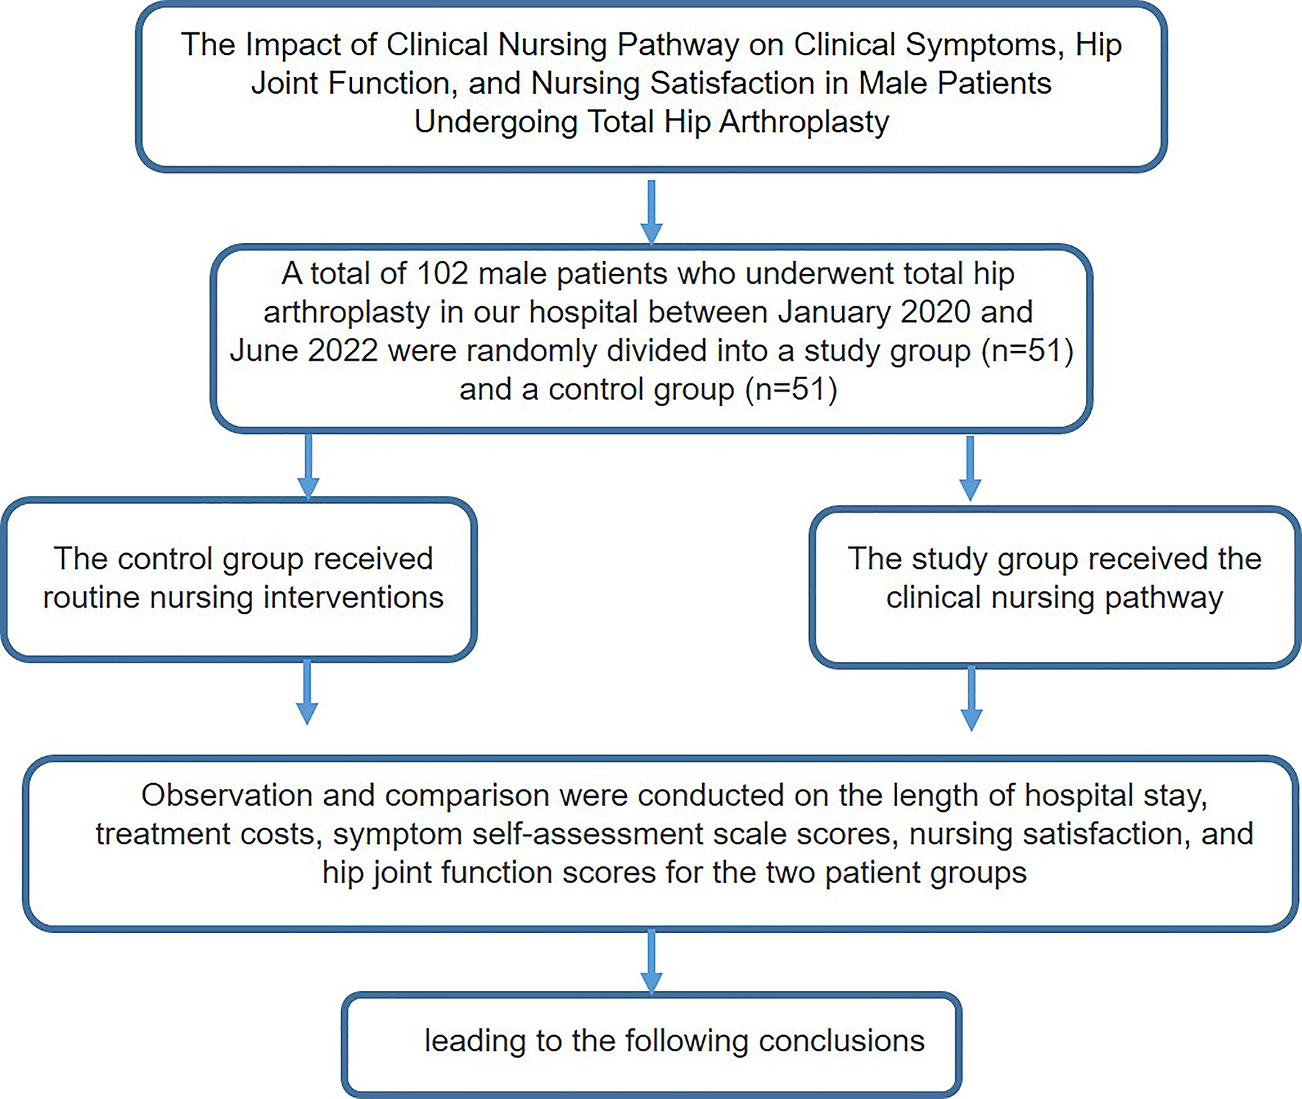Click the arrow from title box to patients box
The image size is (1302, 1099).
click(x=651, y=212)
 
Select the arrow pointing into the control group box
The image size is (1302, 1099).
click(x=308, y=466)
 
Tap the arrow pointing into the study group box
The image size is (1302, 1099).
click(x=970, y=469)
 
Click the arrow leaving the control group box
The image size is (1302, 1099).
click(x=307, y=692)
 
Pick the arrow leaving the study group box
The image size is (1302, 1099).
click(x=971, y=698)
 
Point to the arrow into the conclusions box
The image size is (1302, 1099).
click(x=651, y=962)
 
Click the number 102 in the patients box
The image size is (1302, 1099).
click(x=442, y=274)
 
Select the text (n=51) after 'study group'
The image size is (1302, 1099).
click(x=1027, y=350)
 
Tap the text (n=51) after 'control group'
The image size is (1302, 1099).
click(x=791, y=389)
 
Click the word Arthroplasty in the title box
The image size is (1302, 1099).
click(x=805, y=122)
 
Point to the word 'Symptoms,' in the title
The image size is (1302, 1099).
click(x=985, y=46)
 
